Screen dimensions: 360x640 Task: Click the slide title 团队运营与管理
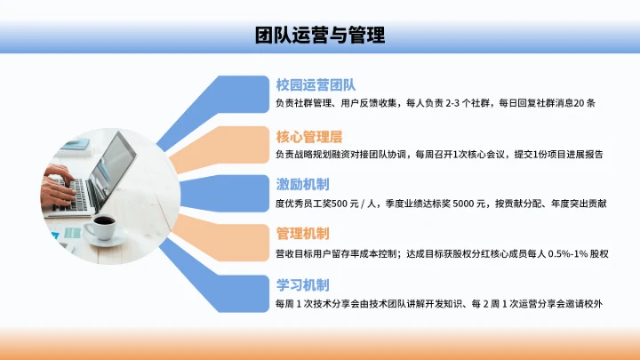click(319, 36)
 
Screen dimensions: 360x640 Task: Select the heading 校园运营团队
click(316, 85)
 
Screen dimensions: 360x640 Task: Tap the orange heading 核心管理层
click(309, 136)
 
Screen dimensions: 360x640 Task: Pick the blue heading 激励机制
click(303, 185)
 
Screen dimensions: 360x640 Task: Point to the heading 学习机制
click(303, 285)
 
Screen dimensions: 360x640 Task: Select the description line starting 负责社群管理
click(436, 103)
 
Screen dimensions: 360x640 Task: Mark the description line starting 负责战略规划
click(439, 154)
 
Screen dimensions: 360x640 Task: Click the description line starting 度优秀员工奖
click(441, 204)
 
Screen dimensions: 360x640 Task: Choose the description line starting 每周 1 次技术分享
click(439, 304)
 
